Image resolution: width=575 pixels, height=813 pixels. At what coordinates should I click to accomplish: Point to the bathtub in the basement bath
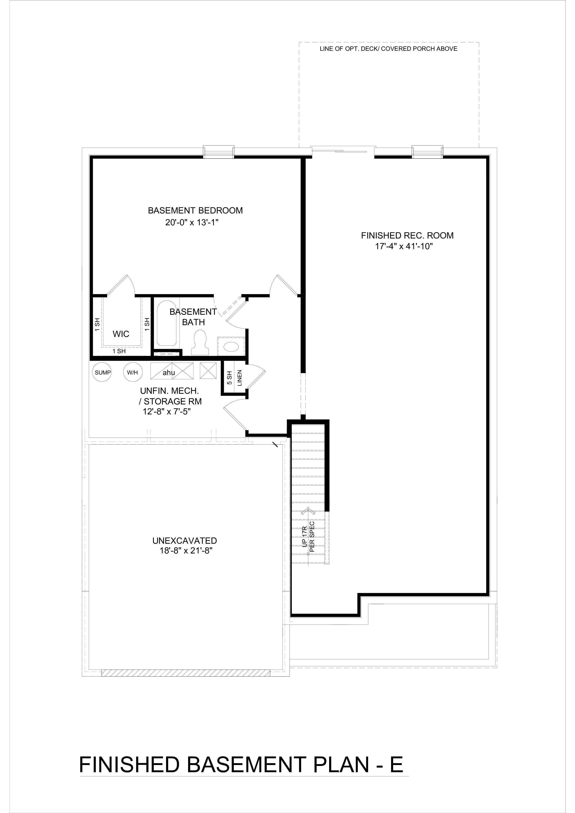[167, 324]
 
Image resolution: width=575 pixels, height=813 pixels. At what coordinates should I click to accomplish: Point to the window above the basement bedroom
[218, 152]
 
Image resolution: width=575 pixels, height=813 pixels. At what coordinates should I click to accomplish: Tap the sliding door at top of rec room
[343, 151]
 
